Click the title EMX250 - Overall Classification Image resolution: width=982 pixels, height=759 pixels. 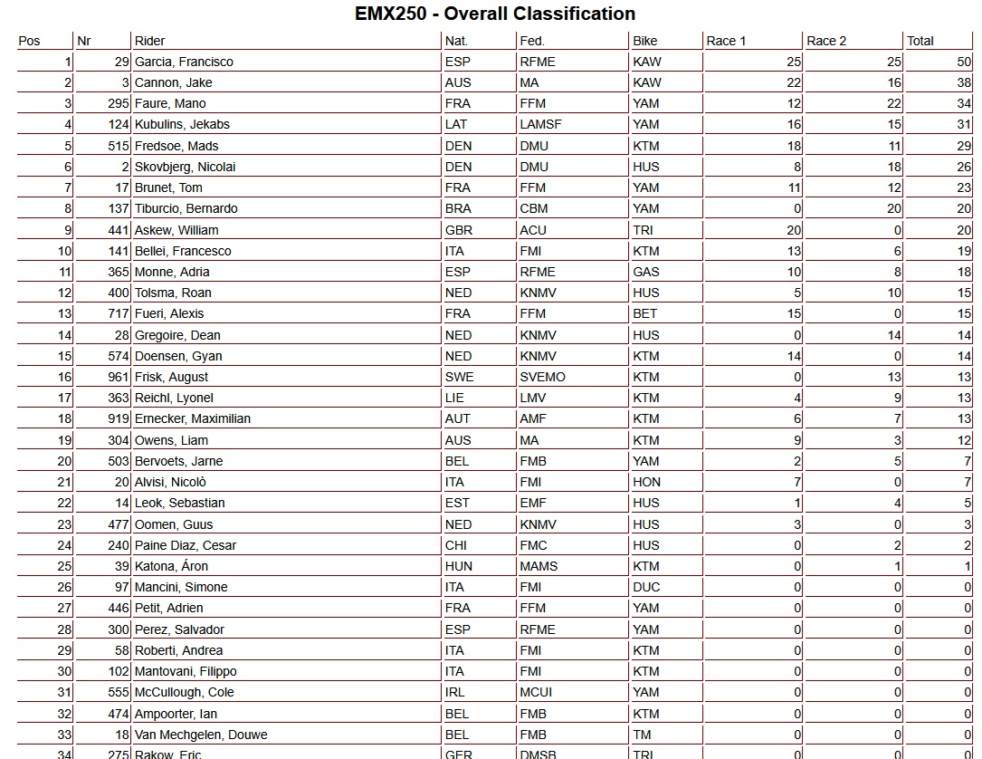click(x=494, y=14)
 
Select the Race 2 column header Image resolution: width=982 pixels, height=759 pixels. click(x=826, y=41)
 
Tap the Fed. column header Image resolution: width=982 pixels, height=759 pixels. click(x=532, y=41)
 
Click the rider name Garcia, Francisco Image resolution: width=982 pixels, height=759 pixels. click(x=184, y=62)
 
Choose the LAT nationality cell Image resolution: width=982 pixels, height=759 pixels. click(x=456, y=124)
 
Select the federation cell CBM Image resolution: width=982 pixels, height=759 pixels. click(x=534, y=208)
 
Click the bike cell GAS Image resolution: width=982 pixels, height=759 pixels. click(x=646, y=272)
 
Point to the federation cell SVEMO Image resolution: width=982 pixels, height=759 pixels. click(x=543, y=377)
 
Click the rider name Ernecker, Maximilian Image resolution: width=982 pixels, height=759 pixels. click(x=193, y=418)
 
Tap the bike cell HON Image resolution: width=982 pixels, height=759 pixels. click(x=647, y=482)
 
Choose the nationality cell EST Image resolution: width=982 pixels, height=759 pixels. click(x=456, y=503)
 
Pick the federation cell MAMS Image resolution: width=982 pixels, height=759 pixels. click(x=539, y=566)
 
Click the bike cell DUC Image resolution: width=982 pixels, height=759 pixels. click(x=646, y=587)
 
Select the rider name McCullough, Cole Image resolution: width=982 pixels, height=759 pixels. click(x=185, y=692)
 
